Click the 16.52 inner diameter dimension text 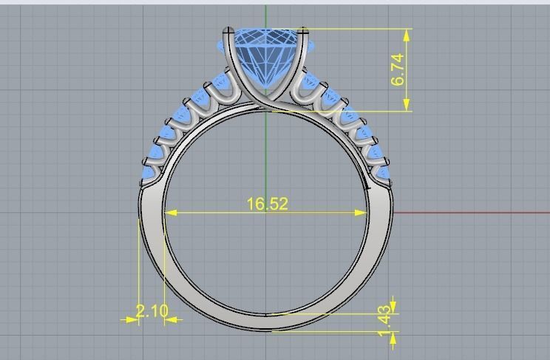click(x=267, y=203)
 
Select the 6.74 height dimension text click(x=398, y=69)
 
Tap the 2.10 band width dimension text click(x=152, y=311)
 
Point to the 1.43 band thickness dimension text click(x=384, y=322)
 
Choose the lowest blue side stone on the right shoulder click(x=383, y=171)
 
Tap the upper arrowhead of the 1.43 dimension click(x=393, y=307)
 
